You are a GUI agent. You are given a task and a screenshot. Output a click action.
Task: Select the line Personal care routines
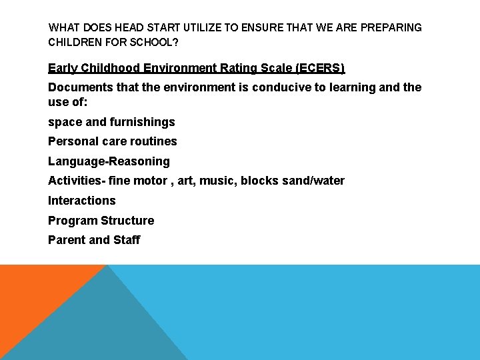click(112, 141)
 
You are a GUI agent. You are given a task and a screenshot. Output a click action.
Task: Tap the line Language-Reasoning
click(109, 161)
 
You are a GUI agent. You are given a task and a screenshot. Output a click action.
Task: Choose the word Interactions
click(81, 201)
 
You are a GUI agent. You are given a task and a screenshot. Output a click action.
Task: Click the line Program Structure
click(101, 221)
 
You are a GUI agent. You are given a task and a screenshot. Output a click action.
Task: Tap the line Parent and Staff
click(94, 240)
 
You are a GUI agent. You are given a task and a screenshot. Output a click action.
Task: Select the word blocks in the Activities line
click(257, 181)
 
